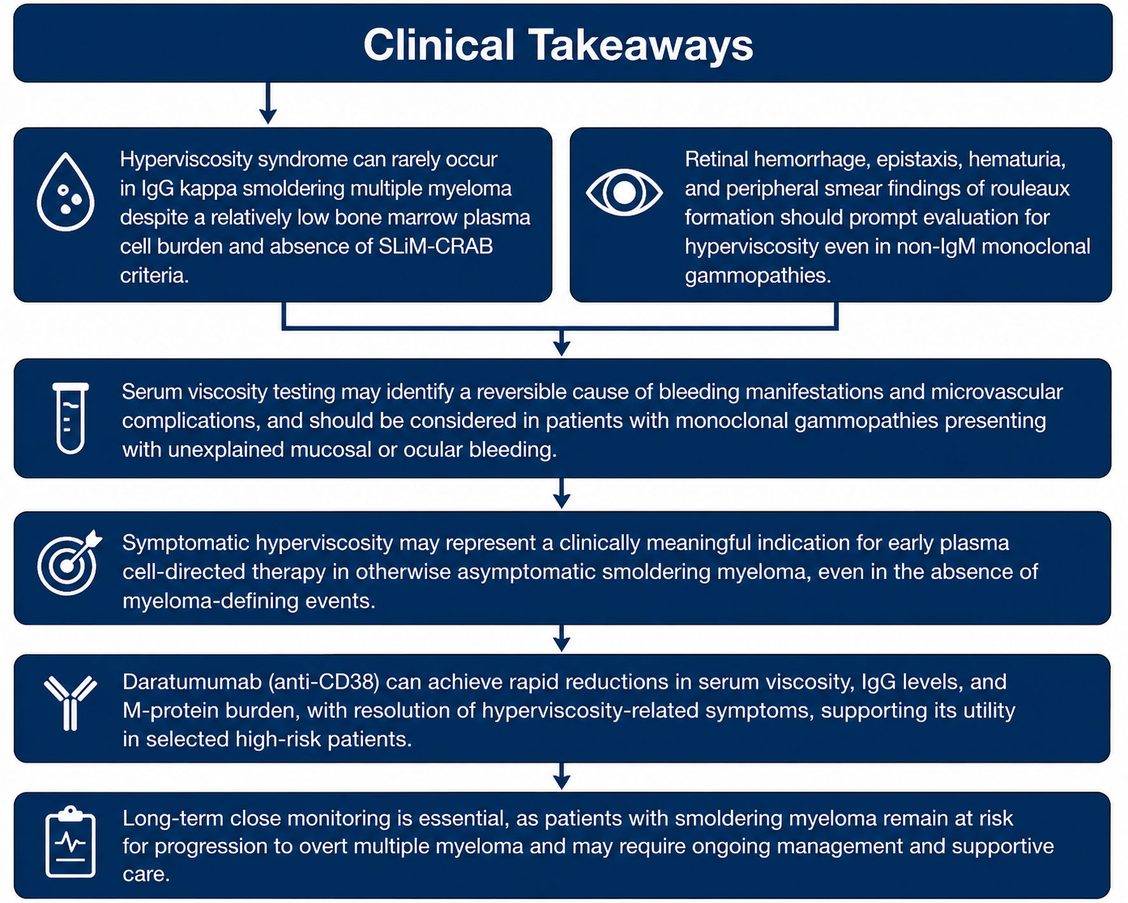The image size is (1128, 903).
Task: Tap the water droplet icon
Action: point(66,192)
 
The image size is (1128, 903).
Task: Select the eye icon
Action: point(624,192)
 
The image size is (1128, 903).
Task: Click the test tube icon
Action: point(70,418)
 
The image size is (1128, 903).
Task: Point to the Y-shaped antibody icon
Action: point(70,703)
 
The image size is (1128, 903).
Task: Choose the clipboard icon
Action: point(70,842)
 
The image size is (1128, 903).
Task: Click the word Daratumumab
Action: point(192,682)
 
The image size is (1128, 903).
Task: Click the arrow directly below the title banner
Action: point(268,103)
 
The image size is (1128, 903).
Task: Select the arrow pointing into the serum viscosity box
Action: point(561,343)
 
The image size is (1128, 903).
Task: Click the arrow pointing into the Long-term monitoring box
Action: point(561,776)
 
